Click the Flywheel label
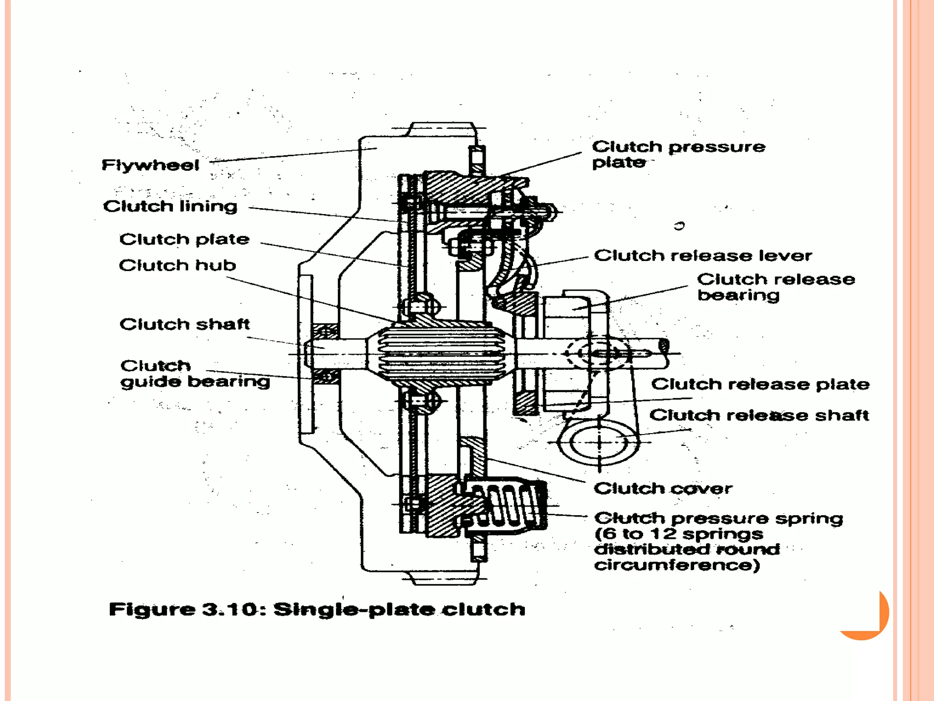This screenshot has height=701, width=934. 150,165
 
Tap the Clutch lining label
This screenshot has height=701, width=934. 170,206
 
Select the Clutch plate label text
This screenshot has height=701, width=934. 184,239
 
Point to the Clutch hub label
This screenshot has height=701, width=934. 177,265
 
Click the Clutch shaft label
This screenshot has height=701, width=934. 185,324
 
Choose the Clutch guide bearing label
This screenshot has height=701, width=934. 195,373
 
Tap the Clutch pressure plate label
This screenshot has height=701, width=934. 678,154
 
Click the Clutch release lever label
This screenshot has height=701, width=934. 703,256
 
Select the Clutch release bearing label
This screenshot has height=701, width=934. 775,287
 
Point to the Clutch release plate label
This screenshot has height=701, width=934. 760,384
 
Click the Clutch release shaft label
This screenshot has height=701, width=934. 759,415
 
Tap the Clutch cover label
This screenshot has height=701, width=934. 663,489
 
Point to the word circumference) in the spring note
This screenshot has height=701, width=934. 677,565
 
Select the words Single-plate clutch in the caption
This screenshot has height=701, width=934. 399,610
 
